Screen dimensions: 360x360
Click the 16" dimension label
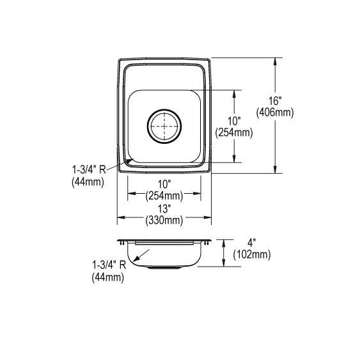tap(276, 101)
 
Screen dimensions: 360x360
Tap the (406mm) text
tap(275, 113)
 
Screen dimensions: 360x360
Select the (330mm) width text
tap(164, 221)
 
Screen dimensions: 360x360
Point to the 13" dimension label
tap(164, 209)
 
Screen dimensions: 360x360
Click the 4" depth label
tap(252, 243)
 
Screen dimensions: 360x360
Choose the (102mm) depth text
tap(252, 255)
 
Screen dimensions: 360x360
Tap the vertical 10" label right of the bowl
tap(234, 121)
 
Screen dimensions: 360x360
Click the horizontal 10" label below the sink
tap(164, 184)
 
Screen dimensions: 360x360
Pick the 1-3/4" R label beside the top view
tap(89, 170)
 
